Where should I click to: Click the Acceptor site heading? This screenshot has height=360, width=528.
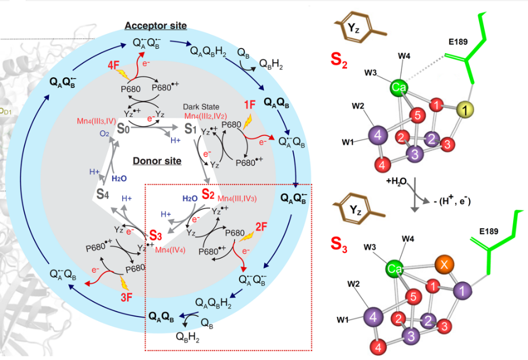pos(155,25)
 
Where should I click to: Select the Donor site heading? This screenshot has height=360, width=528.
pos(157,161)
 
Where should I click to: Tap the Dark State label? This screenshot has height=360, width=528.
pos(202,106)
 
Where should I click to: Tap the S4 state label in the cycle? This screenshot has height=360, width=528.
pos(102,194)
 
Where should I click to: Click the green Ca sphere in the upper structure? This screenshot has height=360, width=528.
pos(399,88)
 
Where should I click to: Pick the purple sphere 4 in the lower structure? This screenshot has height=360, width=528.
pos(374,317)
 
